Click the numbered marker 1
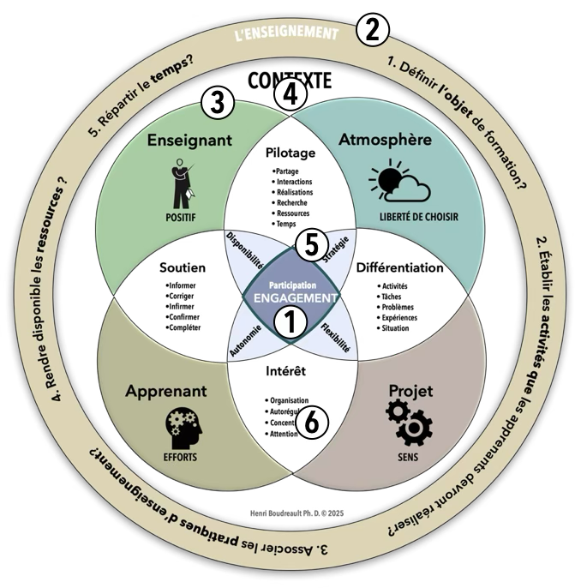click(x=289, y=324)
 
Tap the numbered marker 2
click(x=372, y=31)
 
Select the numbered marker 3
click(x=218, y=104)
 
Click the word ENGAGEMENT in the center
click(x=291, y=298)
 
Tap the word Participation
click(x=291, y=284)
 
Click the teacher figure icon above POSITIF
click(x=179, y=183)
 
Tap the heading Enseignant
click(x=189, y=139)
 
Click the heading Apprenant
click(x=166, y=392)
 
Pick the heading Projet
click(x=410, y=392)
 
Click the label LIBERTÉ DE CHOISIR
click(x=418, y=218)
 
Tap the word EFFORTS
click(x=179, y=457)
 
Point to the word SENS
click(x=410, y=457)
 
